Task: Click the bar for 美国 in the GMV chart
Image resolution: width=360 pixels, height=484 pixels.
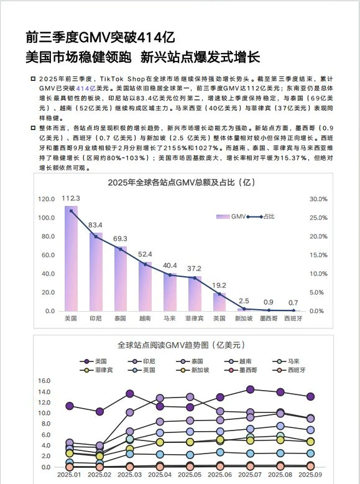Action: pos(72,261)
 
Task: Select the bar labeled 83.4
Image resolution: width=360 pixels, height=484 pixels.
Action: pos(96,274)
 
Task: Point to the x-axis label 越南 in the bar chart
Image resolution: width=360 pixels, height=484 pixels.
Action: pos(144,318)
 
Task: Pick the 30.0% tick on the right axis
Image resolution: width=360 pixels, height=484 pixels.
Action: pos(318,199)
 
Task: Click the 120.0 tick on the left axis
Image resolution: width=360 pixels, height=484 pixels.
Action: pos(47,199)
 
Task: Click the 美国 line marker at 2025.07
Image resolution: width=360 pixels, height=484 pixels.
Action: pos(250,389)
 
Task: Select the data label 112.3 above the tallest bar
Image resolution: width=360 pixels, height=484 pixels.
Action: pos(72,198)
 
